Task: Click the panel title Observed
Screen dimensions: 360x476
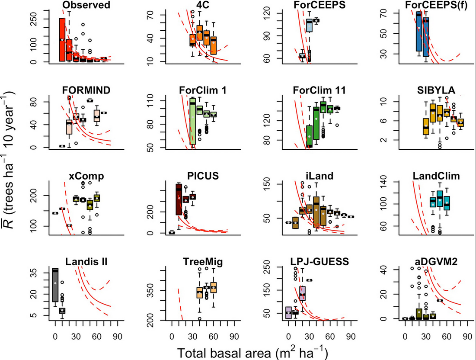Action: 86,5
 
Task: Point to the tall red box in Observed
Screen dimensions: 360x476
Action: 62,39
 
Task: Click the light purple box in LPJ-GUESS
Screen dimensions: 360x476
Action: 288,312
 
